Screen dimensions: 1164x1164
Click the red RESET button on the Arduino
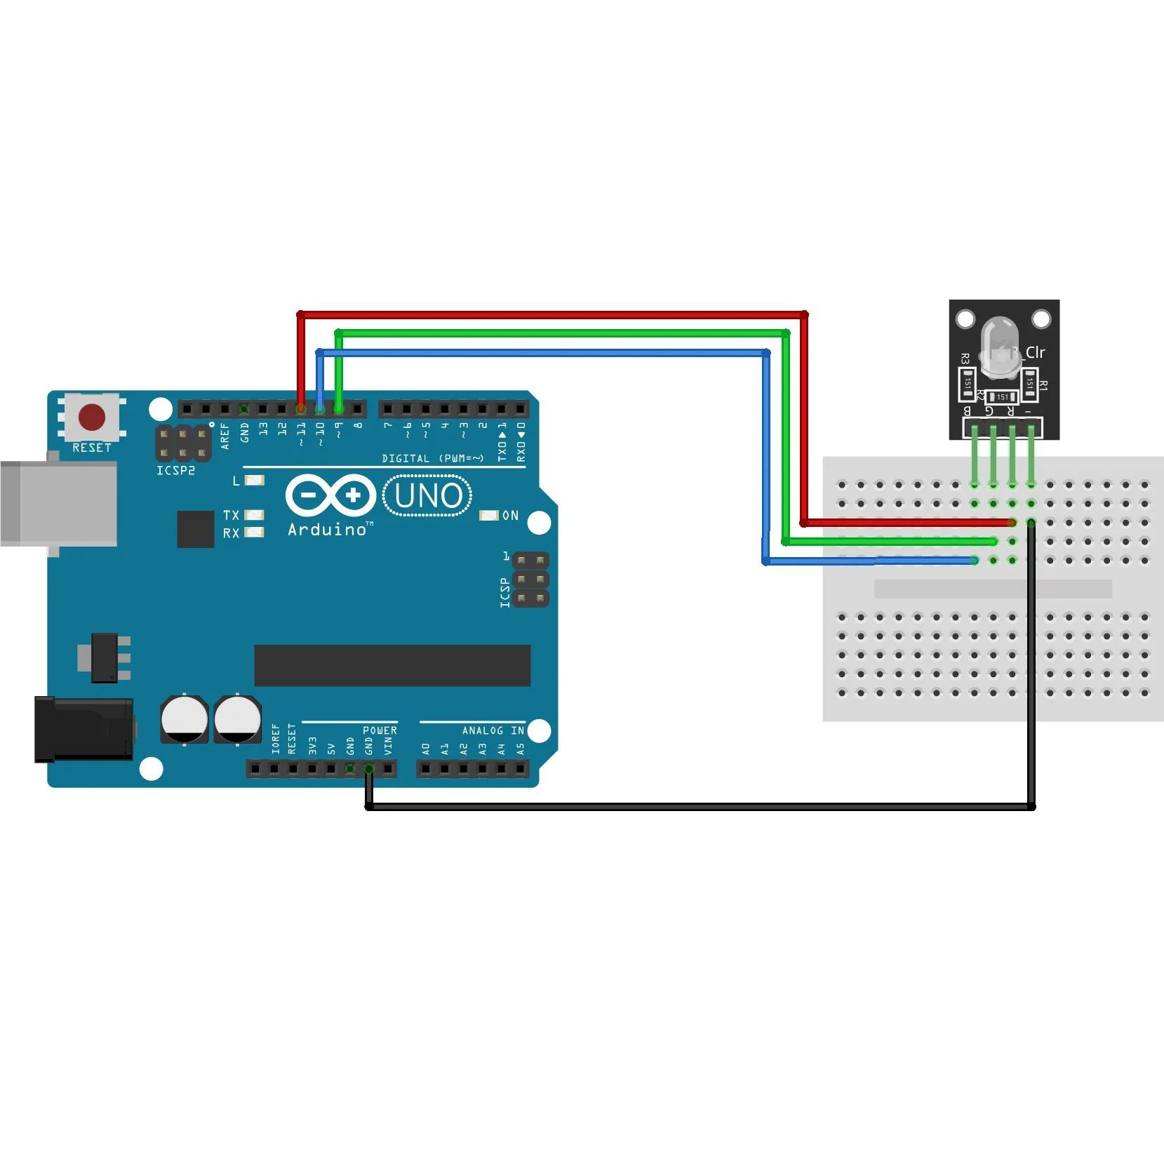[x=92, y=417]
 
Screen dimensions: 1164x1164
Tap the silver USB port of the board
[x=58, y=503]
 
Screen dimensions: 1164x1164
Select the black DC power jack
[x=84, y=730]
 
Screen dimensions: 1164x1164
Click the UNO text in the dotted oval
[x=428, y=496]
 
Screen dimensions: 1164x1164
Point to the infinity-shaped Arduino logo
[x=330, y=496]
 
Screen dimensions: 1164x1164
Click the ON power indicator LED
[x=488, y=516]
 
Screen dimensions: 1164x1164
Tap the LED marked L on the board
[x=255, y=481]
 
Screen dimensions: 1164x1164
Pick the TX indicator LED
[x=254, y=515]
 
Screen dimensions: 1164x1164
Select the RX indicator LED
[x=254, y=533]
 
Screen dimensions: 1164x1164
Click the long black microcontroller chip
[x=392, y=665]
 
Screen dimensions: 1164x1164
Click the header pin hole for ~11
[x=301, y=408]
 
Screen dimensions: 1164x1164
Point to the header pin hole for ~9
[x=339, y=408]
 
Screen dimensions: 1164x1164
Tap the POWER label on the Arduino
[x=380, y=730]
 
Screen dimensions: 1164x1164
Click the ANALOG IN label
[x=493, y=730]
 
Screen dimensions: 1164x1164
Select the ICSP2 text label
[x=175, y=471]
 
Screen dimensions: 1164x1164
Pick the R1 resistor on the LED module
[x=1029, y=383]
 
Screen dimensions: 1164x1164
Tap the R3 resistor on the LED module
[x=968, y=383]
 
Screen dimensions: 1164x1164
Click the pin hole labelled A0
[x=426, y=769]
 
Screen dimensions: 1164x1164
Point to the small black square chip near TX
[x=196, y=529]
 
